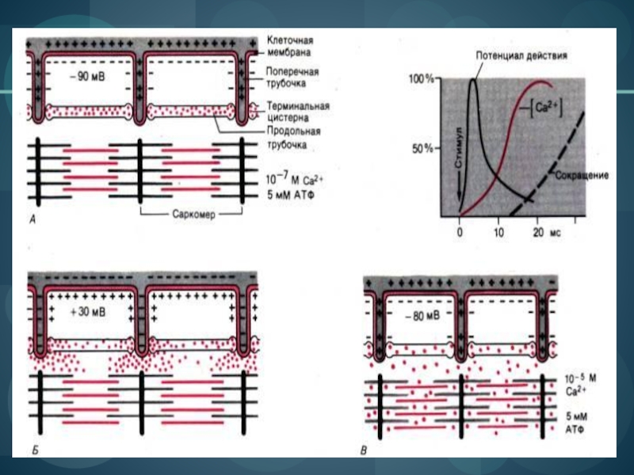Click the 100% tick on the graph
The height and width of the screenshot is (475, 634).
point(421,79)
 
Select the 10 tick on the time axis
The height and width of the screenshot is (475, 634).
point(498,234)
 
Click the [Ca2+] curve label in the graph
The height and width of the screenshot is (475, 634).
point(546,109)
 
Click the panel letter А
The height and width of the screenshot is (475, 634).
point(32,222)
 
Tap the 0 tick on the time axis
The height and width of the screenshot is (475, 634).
point(460,234)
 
